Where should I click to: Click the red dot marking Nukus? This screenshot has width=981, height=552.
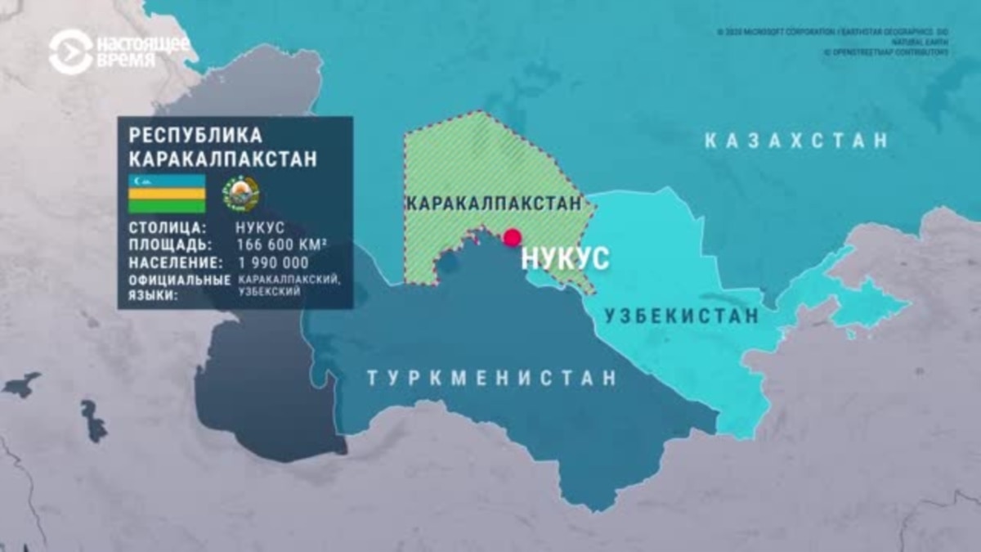[x=513, y=238]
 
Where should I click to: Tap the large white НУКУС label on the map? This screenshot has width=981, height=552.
[x=565, y=258]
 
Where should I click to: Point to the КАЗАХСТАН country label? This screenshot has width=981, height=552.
[x=796, y=141]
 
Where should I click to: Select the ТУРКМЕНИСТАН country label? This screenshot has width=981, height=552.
[x=490, y=379]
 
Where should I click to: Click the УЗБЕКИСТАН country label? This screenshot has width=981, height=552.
[x=681, y=316]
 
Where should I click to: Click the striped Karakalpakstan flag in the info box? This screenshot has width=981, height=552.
[x=167, y=193]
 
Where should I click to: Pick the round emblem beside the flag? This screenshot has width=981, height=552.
[x=242, y=195]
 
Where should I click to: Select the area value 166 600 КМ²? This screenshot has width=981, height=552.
[x=282, y=245]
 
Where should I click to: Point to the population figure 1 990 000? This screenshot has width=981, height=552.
[x=272, y=263]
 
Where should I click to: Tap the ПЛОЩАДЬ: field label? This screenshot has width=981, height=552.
[x=170, y=245]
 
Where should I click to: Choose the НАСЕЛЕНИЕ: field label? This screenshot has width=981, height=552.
[x=175, y=263]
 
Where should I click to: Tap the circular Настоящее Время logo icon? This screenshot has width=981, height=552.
[x=70, y=52]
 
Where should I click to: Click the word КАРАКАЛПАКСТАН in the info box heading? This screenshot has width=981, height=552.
[x=222, y=159]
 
